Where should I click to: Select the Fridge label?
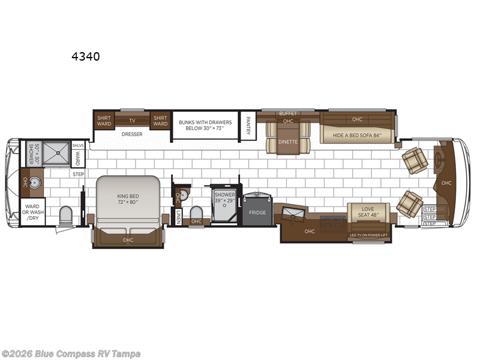[x=257, y=212]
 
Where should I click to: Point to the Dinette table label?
[x=288, y=142]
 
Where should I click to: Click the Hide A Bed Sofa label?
[x=356, y=134]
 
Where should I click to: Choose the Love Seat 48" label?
[x=368, y=211]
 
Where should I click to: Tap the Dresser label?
[x=131, y=134]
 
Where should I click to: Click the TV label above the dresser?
[x=131, y=119]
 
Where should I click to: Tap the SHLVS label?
[x=77, y=145]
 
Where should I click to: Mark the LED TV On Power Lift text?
[x=368, y=235]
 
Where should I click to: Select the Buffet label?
[x=288, y=113]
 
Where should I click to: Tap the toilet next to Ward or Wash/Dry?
[x=66, y=215]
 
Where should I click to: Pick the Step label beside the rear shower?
[x=78, y=174]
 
